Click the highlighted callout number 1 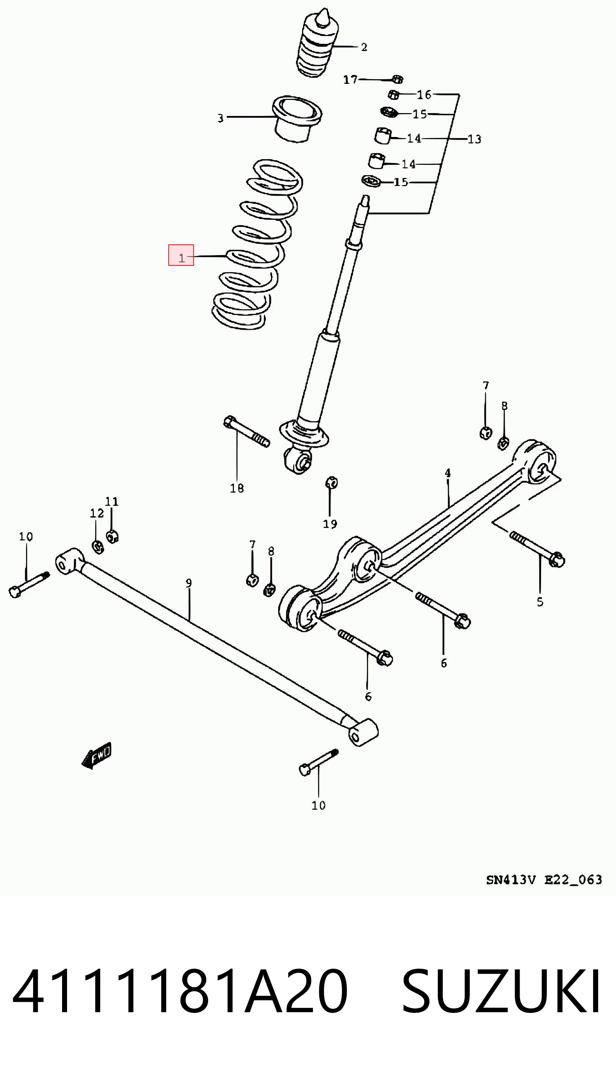click(x=182, y=258)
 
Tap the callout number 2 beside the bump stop click(x=364, y=47)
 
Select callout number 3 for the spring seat click(x=220, y=118)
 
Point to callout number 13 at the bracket click(x=474, y=139)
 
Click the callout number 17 click(x=350, y=80)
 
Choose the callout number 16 click(x=424, y=95)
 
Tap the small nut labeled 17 click(x=398, y=79)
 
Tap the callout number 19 click(x=330, y=524)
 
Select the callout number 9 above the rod click(x=189, y=583)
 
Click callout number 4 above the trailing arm click(x=448, y=473)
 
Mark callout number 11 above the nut click(x=112, y=502)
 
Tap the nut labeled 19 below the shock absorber click(x=331, y=482)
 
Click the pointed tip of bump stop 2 click(x=324, y=9)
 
